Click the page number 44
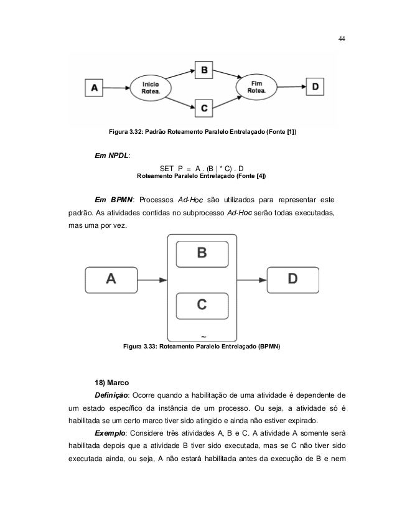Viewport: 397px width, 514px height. (x=341, y=38)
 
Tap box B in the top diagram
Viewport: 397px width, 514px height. (x=203, y=70)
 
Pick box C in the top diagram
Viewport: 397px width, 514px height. (x=203, y=107)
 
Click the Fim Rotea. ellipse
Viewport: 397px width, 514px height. (x=255, y=88)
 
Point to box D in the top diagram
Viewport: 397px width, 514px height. (x=315, y=88)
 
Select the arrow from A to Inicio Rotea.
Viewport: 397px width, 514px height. (x=116, y=88)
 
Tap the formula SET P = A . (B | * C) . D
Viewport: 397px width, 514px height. (x=201, y=169)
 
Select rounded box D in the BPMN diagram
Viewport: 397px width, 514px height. (x=293, y=279)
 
